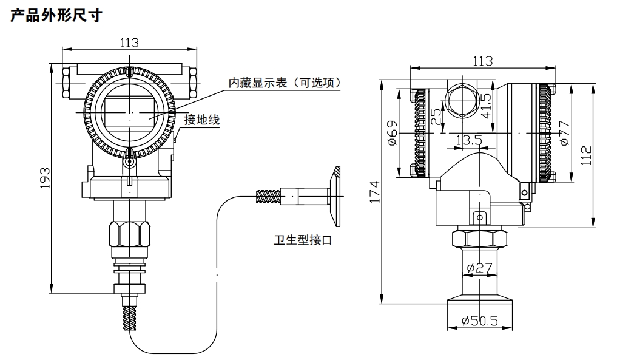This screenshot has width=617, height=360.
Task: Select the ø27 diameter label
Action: [x=479, y=267]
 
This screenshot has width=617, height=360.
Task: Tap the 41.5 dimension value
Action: [x=485, y=106]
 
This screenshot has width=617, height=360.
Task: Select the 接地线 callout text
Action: [x=201, y=120]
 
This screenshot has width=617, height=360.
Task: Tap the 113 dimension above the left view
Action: [x=129, y=42]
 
